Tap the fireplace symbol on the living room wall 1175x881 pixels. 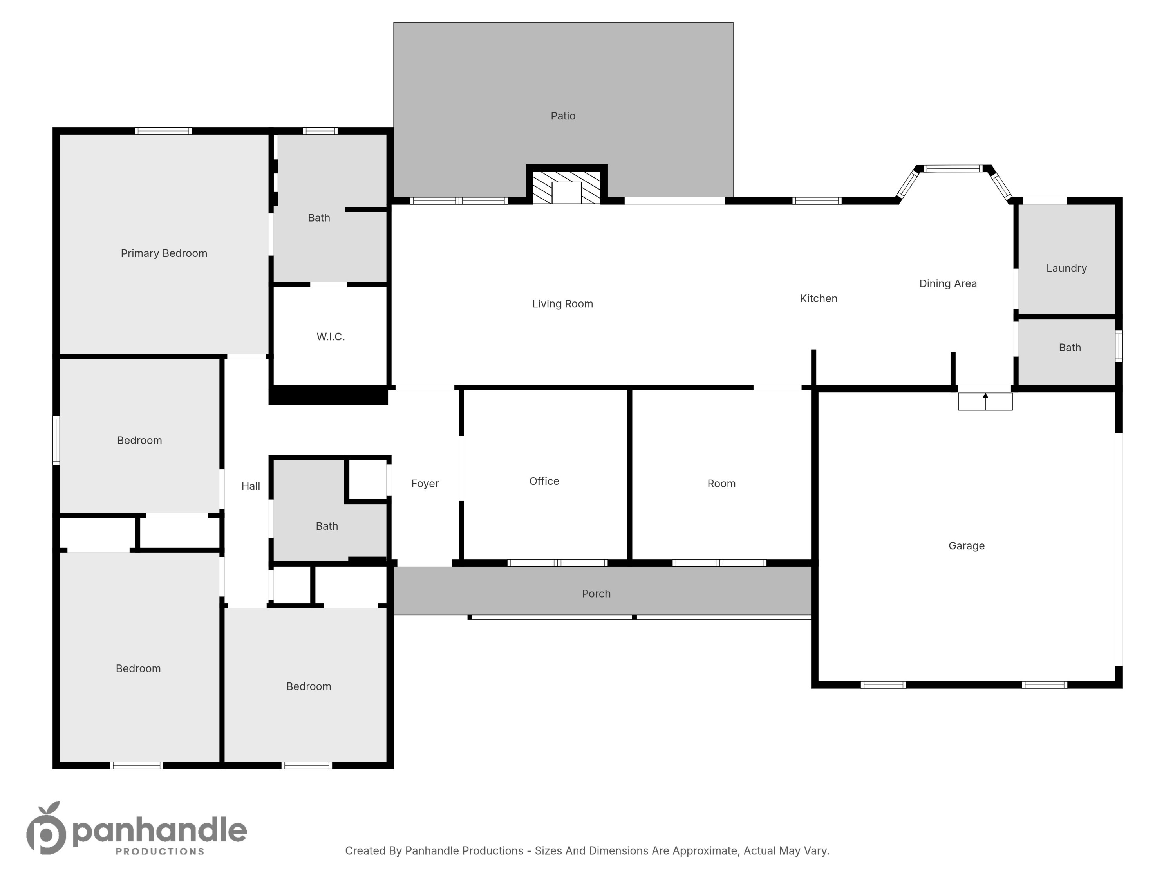coord(566,188)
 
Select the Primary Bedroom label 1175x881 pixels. coord(164,253)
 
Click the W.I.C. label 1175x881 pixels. coord(331,337)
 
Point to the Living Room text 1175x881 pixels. coord(562,304)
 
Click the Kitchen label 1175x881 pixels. coord(818,298)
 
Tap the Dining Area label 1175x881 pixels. coord(948,283)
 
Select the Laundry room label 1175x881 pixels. coord(1066,268)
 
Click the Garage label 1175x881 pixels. coord(966,546)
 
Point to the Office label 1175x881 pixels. coord(544,481)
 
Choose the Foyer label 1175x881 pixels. coord(425,483)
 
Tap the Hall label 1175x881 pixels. coord(251,486)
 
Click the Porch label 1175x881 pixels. coord(596,594)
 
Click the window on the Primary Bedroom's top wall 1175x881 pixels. coord(163,131)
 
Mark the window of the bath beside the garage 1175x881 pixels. coord(1118,346)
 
